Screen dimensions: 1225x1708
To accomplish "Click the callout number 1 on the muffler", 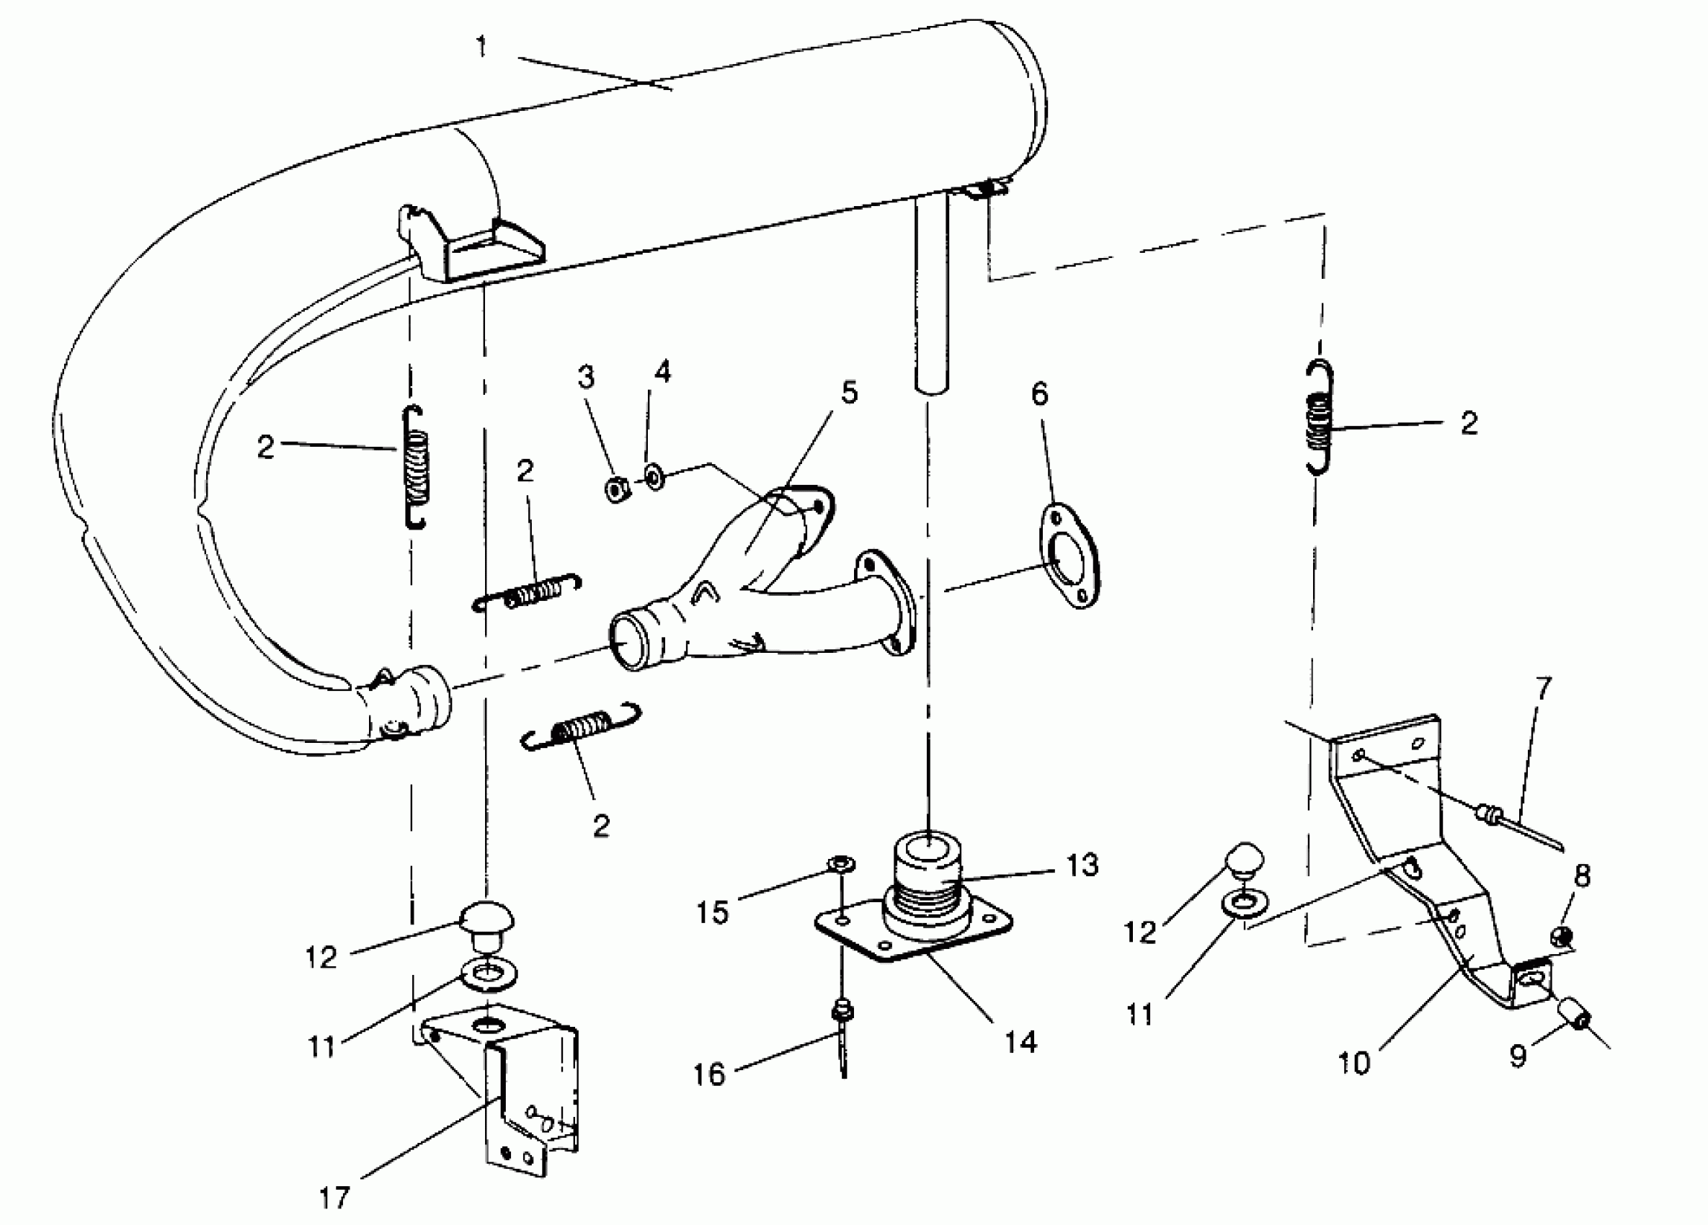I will (482, 48).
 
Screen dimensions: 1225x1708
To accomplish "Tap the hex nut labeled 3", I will (618, 490).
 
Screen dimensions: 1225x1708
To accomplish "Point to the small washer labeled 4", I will (654, 476).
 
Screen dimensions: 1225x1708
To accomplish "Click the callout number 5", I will (849, 392).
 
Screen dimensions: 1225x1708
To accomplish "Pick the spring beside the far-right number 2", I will (1318, 418).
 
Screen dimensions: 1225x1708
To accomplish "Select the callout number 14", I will (1020, 1042).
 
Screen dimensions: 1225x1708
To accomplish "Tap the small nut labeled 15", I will (839, 863).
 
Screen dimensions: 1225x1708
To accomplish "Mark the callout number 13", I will (1082, 865).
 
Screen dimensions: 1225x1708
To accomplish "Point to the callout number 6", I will (1040, 393).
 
